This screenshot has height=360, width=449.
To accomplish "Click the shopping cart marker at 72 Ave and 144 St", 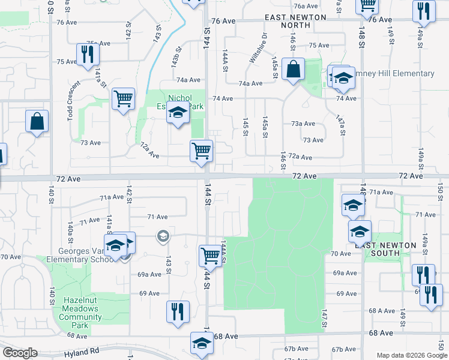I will (x=201, y=151).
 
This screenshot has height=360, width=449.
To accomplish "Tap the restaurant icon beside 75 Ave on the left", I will (x=88, y=55).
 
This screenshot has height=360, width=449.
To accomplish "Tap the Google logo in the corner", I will (x=20, y=352).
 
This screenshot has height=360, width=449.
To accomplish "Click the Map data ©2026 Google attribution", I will (x=411, y=355).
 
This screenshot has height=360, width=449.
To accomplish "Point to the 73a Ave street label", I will (x=303, y=124).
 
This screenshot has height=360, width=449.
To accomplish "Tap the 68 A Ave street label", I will (x=381, y=311).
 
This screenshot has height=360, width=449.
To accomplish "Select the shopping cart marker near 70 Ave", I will (x=210, y=255).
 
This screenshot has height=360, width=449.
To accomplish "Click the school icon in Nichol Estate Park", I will (x=177, y=112).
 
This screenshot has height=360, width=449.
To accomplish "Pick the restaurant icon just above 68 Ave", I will (x=177, y=311).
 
